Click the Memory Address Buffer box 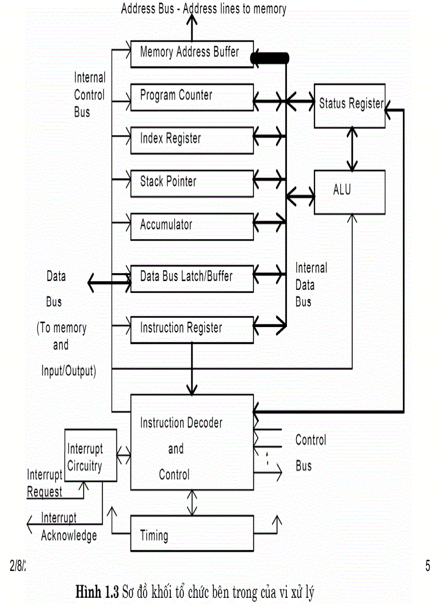(192, 53)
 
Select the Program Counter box (192, 97)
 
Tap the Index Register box (192, 140)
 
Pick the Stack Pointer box (192, 183)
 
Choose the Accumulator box (192, 226)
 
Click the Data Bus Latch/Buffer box (192, 278)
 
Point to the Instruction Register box (192, 329)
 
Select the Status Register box (349, 105)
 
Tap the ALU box (349, 192)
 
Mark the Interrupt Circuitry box (91, 455)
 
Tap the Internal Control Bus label (90, 96)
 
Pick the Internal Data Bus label (311, 285)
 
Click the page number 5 (428, 566)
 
